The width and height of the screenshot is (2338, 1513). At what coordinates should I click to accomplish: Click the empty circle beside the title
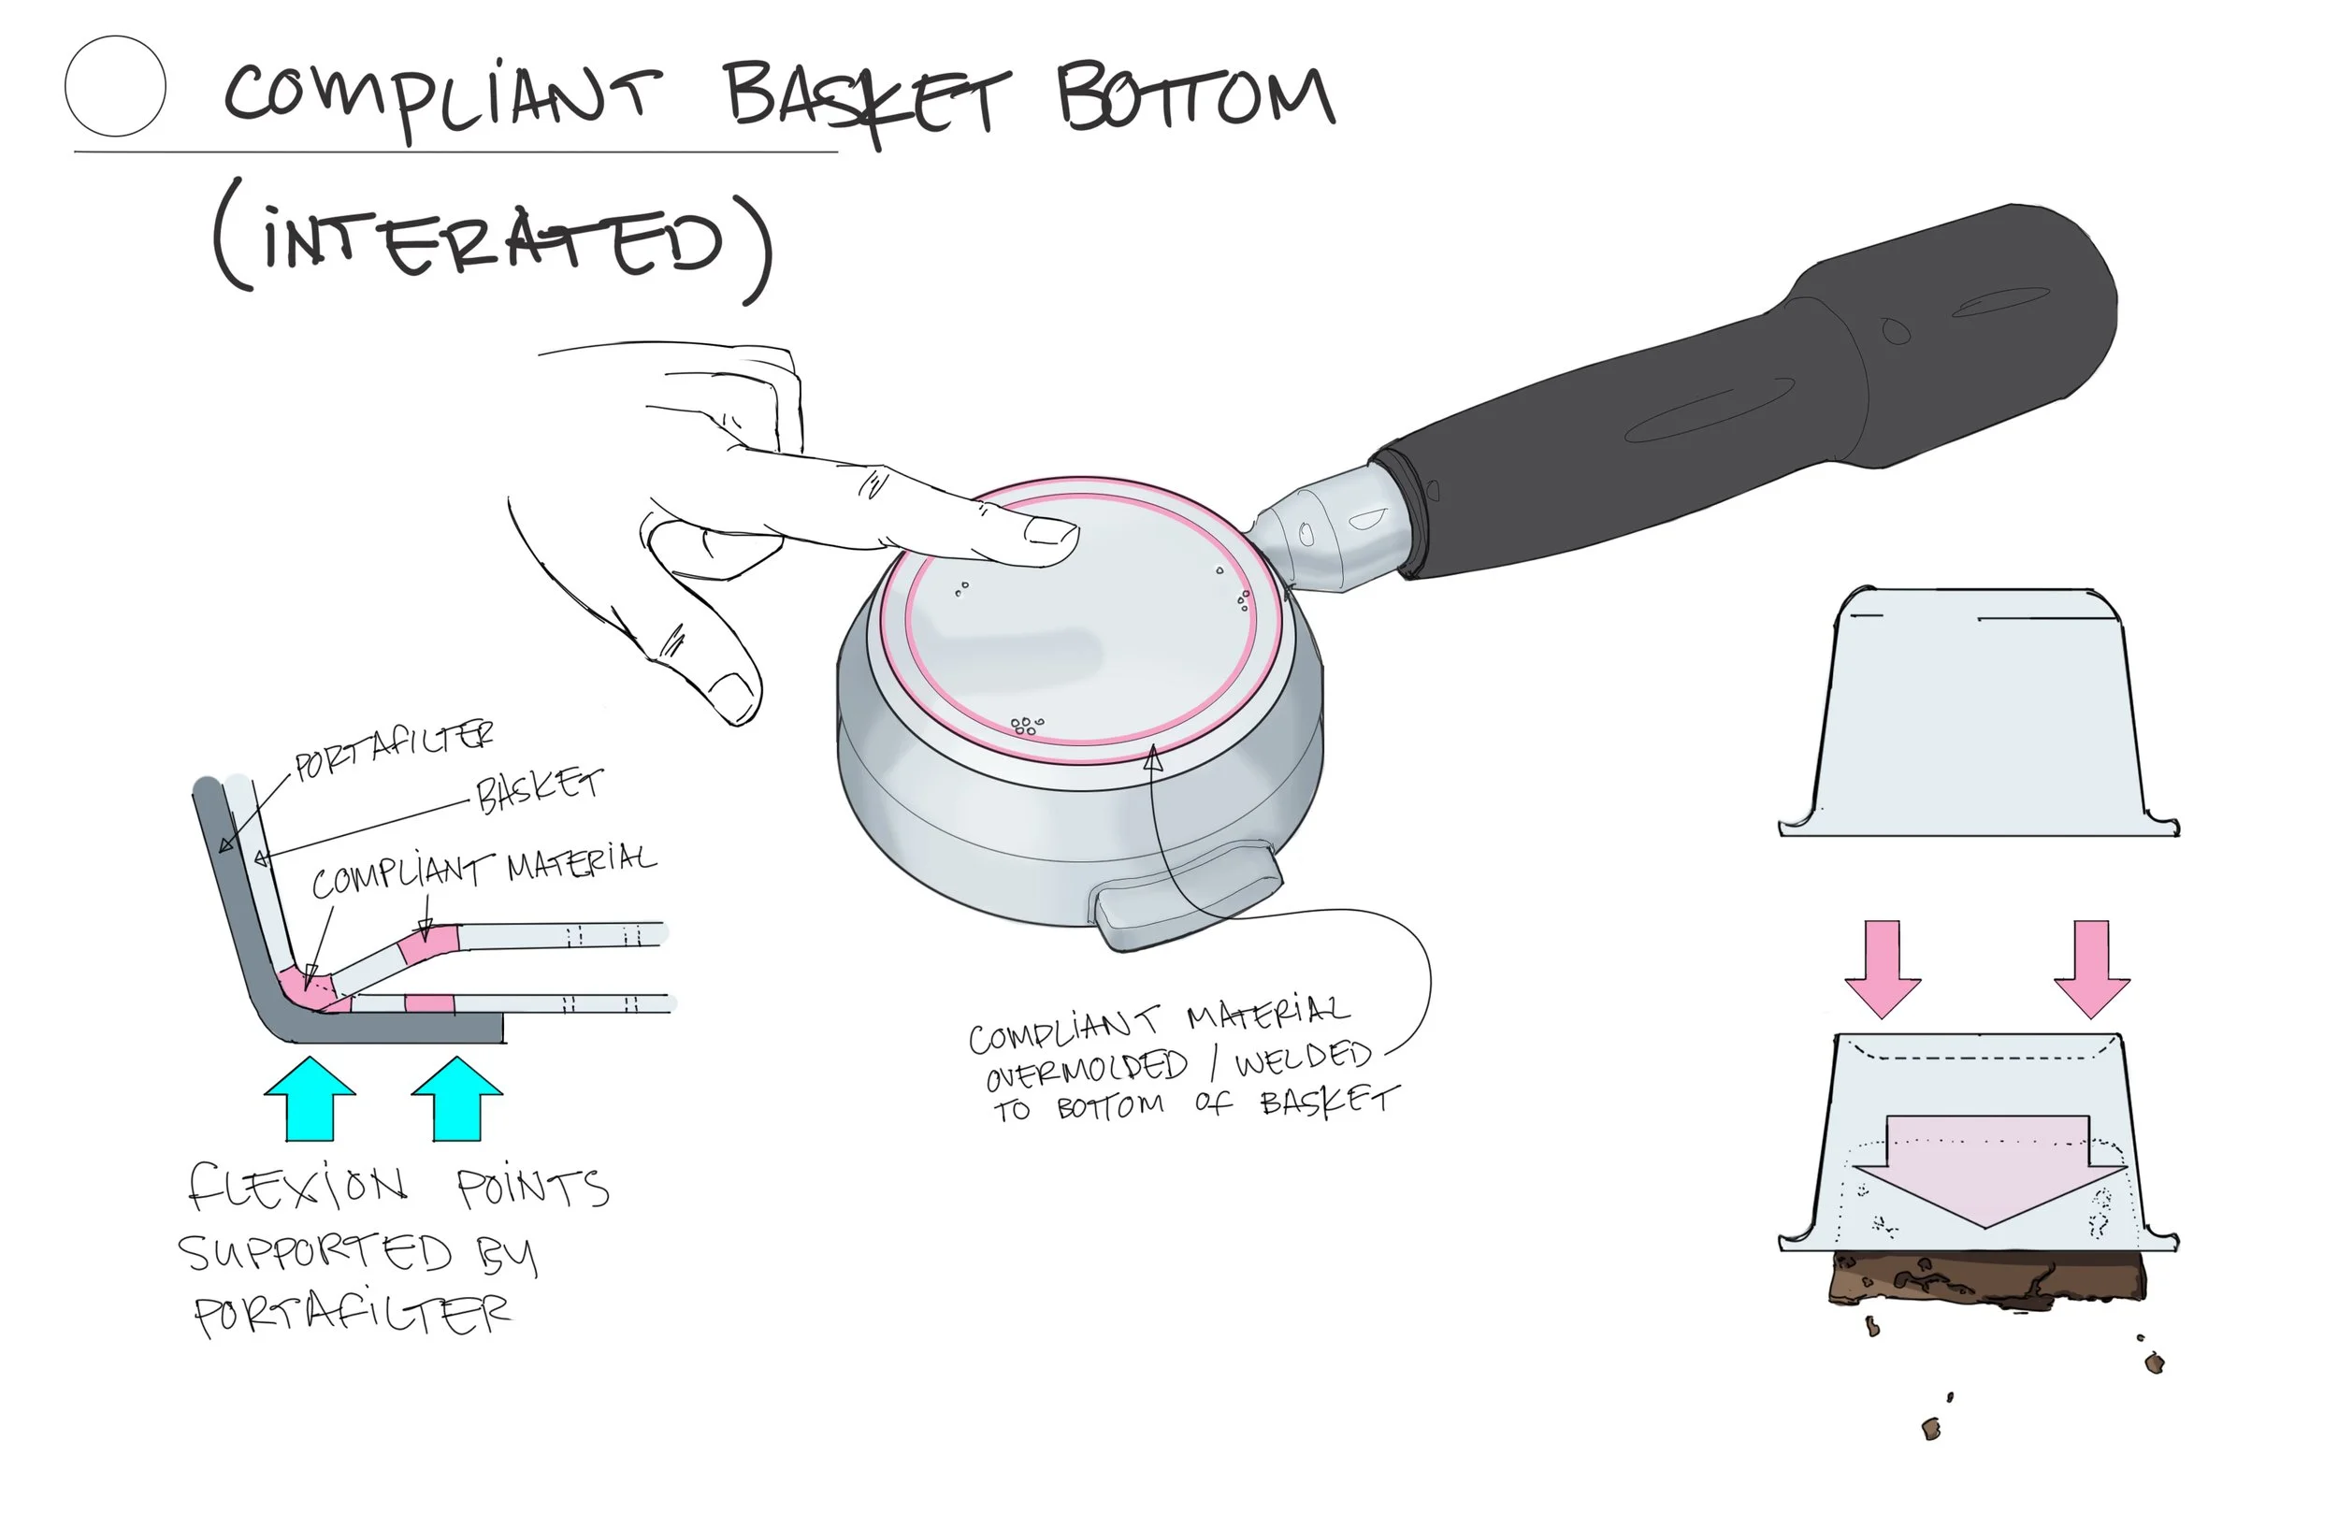click(x=115, y=86)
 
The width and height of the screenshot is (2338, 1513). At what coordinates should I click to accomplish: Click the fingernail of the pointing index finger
click(x=1050, y=531)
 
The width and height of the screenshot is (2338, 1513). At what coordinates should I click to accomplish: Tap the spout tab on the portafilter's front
click(x=1189, y=899)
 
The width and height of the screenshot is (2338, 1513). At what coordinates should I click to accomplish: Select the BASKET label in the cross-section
click(x=539, y=791)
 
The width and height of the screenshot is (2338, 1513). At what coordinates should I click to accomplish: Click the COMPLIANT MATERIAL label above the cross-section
click(x=483, y=870)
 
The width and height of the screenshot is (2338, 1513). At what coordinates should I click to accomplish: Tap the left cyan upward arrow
click(x=310, y=1100)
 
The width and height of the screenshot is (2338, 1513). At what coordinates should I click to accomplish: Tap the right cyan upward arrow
click(x=456, y=1100)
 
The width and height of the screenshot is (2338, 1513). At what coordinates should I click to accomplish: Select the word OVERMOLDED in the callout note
click(x=1087, y=1068)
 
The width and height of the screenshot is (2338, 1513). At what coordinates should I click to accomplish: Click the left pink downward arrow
click(x=1882, y=968)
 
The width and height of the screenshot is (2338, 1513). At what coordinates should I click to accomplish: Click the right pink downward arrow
click(x=2091, y=968)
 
